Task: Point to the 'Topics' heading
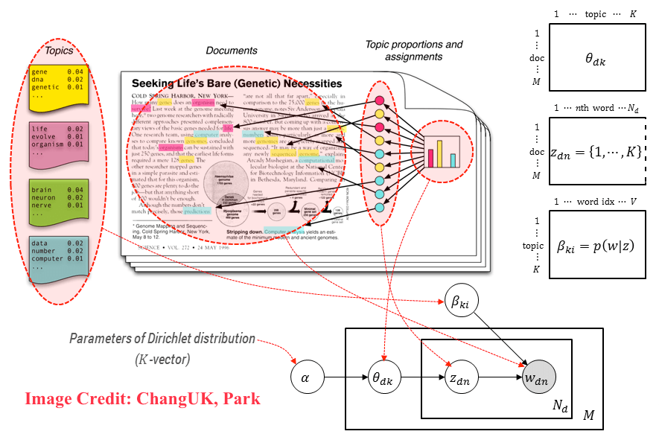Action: point(60,51)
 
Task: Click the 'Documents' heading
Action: point(232,51)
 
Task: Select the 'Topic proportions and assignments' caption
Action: point(413,51)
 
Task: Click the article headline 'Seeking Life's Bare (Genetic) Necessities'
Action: point(236,83)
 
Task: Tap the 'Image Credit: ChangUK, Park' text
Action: point(143,398)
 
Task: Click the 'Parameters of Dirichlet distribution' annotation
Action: point(162,339)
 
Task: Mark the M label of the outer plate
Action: point(588,415)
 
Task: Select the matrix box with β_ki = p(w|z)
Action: point(596,245)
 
